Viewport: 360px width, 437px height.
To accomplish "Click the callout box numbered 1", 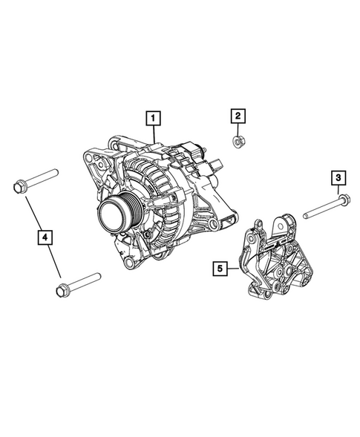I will click(151, 117).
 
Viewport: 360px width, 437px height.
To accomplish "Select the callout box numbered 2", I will click(237, 116).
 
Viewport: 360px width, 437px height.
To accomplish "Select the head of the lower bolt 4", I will click(62, 289).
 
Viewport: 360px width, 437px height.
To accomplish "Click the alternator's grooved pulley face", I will click(114, 214).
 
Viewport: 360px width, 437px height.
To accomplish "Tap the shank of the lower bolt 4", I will click(83, 281).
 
